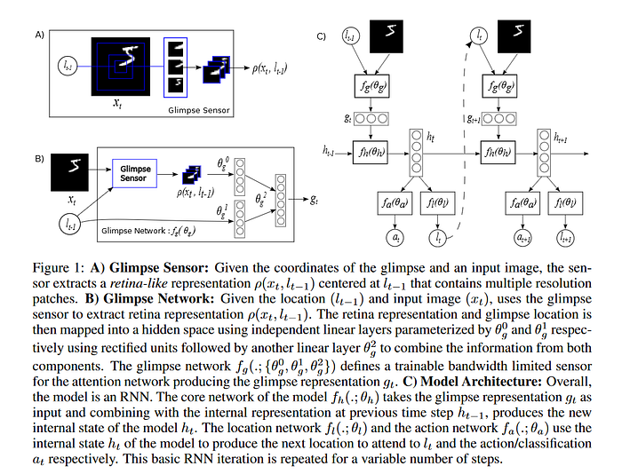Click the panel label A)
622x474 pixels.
tap(39, 36)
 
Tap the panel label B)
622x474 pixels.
tap(39, 159)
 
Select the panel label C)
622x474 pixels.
tap(321, 36)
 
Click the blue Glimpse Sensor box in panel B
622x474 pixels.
tap(134, 174)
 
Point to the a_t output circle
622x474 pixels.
tap(395, 237)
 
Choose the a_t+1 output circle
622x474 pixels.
tap(523, 238)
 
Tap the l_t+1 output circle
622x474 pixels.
tap(566, 238)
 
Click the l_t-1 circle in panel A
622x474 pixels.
tap(68, 66)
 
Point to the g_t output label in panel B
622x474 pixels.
tap(314, 200)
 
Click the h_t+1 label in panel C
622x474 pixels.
tap(561, 138)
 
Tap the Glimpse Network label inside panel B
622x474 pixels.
tap(148, 231)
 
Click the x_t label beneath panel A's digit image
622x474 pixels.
tap(117, 104)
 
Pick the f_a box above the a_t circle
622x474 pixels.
tap(395, 203)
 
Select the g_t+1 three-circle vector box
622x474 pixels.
tap(498, 119)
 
